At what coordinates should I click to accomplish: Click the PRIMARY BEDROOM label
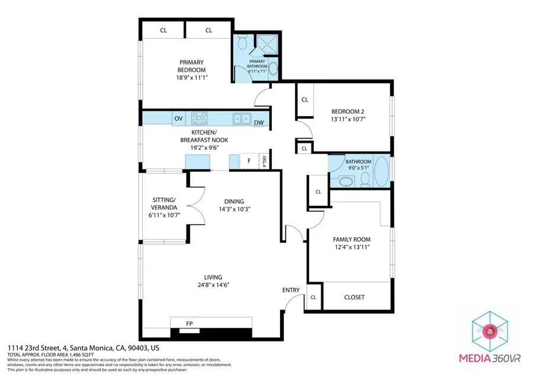[192, 66]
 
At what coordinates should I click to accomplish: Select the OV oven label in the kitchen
[178, 119]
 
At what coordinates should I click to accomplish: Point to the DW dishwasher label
[259, 123]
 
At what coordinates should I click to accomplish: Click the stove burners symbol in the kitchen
[198, 117]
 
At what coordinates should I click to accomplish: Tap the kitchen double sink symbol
[242, 118]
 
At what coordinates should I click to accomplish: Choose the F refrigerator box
[249, 161]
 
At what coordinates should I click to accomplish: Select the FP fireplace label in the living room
[190, 324]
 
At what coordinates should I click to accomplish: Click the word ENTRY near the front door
[291, 290]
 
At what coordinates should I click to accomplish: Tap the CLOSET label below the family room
[354, 297]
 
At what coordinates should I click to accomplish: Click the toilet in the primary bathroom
[242, 43]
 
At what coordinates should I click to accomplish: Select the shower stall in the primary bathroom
[264, 44]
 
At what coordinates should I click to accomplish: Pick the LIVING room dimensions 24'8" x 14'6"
[213, 285]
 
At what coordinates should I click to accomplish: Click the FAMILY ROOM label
[351, 239]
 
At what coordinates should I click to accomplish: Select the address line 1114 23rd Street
[83, 347]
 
